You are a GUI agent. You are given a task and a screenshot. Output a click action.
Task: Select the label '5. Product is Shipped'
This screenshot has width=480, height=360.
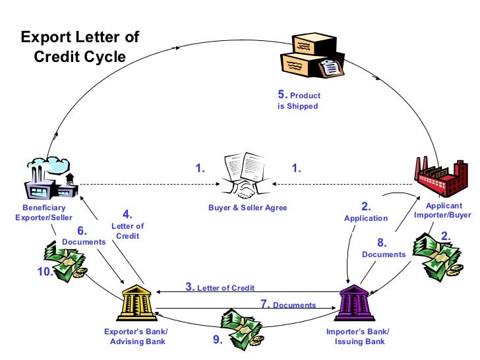click(299, 100)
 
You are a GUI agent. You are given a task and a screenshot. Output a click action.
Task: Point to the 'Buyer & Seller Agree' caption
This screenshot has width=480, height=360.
click(247, 208)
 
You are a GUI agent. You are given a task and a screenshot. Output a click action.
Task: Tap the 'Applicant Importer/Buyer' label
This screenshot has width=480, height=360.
click(442, 210)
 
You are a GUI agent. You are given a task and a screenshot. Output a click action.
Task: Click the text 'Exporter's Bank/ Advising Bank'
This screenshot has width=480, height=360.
click(136, 336)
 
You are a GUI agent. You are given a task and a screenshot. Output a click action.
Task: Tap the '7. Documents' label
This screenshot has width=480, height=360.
click(288, 305)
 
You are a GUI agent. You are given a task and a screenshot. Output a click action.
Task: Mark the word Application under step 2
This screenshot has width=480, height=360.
click(366, 218)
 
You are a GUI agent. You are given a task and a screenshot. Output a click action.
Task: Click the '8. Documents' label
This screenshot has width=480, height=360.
click(383, 249)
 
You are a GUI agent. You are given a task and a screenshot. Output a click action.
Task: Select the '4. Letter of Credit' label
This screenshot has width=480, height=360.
click(128, 225)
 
